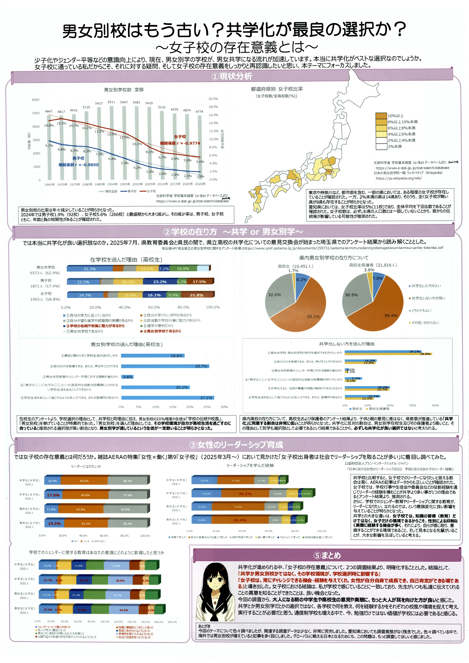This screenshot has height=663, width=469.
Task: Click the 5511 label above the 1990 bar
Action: (111, 102)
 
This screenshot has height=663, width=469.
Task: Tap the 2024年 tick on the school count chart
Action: (200, 184)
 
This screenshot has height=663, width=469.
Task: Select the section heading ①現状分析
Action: (232, 76)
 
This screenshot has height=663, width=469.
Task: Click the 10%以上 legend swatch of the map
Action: (381, 116)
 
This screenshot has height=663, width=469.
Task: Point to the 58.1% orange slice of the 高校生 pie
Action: (300, 313)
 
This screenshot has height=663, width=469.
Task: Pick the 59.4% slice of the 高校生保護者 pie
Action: (381, 312)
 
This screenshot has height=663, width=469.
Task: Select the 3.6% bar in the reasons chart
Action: (127, 377)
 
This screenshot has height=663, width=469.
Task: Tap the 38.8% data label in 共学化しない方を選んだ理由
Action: (425, 354)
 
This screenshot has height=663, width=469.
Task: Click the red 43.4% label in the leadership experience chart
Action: (240, 520)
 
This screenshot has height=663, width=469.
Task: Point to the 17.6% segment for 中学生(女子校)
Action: (54, 495)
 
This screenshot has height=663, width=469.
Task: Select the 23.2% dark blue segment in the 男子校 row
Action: (160, 282)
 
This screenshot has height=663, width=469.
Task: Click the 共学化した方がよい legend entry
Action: (426, 286)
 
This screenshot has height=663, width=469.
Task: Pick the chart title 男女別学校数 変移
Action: (124, 90)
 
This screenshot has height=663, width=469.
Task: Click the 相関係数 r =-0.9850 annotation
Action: (78, 165)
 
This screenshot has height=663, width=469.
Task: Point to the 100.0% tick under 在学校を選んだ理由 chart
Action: (212, 307)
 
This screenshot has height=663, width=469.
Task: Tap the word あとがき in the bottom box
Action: (204, 626)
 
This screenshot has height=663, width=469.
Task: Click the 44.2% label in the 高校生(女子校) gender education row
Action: (124, 610)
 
